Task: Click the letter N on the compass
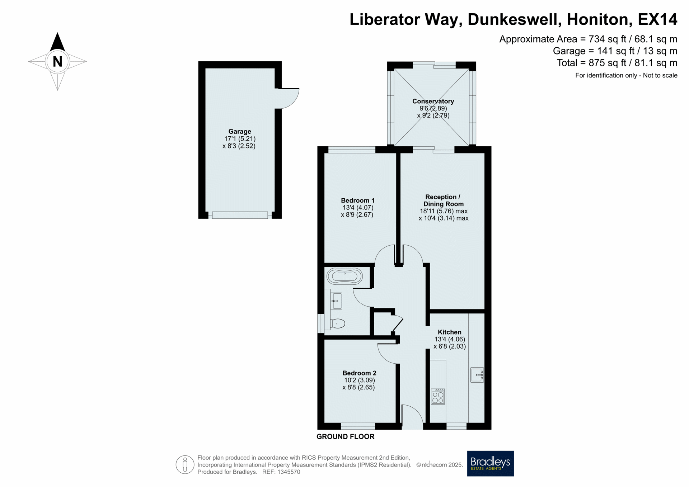tap(57, 62)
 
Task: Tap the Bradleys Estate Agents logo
tap(490, 463)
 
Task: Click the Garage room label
tap(240, 132)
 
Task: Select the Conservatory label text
tap(433, 101)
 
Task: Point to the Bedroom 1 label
tap(358, 200)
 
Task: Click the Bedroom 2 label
tap(359, 373)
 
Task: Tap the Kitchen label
tap(450, 332)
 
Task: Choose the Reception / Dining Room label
tap(443, 200)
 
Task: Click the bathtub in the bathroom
tap(344, 276)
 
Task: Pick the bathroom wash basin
tap(336, 301)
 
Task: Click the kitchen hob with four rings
tap(438, 397)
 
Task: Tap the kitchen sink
tap(477, 375)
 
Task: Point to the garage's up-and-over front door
tap(240, 215)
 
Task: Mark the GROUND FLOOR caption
tap(345, 436)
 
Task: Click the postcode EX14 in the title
tap(657, 19)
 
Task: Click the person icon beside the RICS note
tap(185, 465)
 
